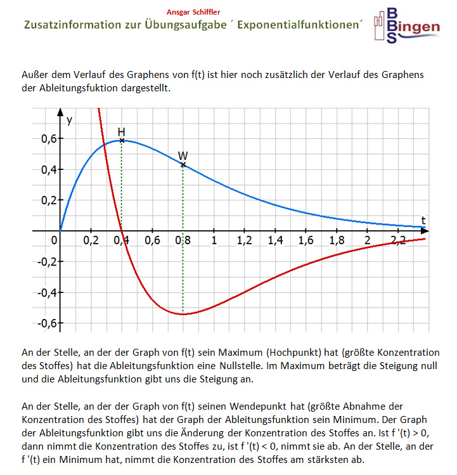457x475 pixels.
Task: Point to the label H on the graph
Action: point(121,132)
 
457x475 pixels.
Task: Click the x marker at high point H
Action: point(122,140)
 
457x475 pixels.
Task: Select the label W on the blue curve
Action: point(183,155)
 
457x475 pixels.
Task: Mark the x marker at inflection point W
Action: point(183,165)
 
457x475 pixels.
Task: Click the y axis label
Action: point(69,120)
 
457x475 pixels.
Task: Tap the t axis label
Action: point(423,220)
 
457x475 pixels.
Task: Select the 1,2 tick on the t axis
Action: point(244,241)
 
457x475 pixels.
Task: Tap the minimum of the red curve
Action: point(183,314)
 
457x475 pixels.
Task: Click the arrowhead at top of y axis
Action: point(60,114)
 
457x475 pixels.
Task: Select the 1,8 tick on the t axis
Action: point(337,241)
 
